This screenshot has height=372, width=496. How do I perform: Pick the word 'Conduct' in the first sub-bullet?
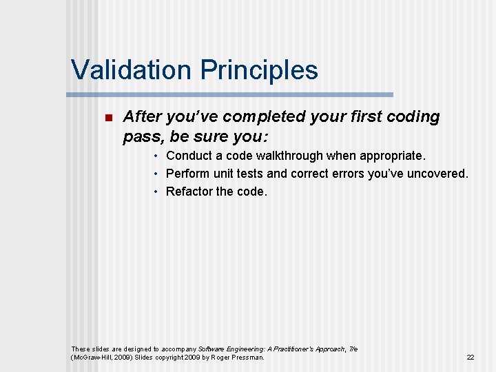click(189, 156)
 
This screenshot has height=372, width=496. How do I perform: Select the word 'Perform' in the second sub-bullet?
click(188, 174)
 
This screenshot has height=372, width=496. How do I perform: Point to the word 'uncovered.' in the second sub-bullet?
click(439, 174)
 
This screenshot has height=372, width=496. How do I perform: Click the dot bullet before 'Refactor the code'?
click(158, 192)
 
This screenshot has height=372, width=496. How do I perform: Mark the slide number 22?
click(471, 358)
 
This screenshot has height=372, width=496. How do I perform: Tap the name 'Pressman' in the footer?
click(248, 358)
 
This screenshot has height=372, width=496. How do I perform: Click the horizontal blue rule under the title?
click(229, 94)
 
